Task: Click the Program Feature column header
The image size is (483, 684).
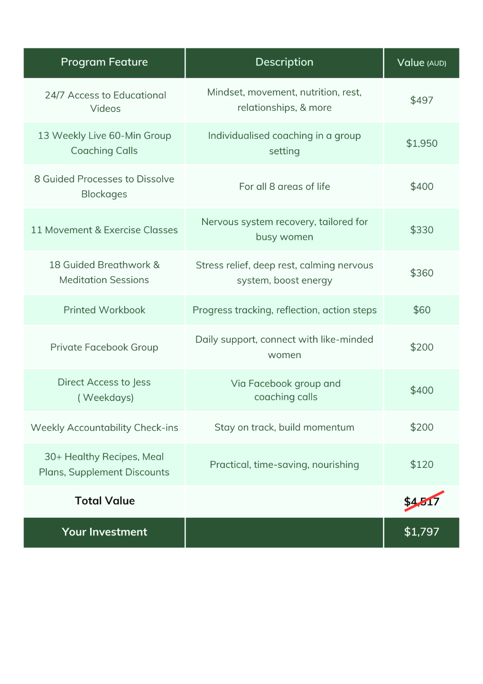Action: click(104, 62)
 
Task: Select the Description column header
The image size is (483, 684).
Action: click(284, 62)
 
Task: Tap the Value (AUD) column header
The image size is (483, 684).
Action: click(421, 63)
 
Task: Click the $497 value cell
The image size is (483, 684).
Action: click(421, 100)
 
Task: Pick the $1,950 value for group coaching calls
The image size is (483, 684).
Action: click(421, 143)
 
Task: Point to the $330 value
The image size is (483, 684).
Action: click(421, 230)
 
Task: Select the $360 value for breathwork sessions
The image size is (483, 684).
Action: click(421, 273)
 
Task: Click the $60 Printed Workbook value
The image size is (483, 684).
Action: click(421, 310)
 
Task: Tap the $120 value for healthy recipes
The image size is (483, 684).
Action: click(421, 465)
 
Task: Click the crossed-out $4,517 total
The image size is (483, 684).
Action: click(421, 502)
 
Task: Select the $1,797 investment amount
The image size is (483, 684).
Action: click(421, 532)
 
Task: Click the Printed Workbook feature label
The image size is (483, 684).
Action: click(104, 310)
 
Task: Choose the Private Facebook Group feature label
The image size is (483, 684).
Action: click(104, 347)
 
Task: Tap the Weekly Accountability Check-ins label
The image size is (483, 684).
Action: click(104, 427)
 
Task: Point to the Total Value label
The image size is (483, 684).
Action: click(105, 501)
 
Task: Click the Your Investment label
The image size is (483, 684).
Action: click(104, 532)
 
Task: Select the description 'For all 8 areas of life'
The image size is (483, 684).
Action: click(284, 187)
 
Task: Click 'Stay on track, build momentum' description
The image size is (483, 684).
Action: click(284, 427)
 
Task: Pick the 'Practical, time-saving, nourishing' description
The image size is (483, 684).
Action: click(284, 465)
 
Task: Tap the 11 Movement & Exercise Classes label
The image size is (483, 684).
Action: click(104, 230)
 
